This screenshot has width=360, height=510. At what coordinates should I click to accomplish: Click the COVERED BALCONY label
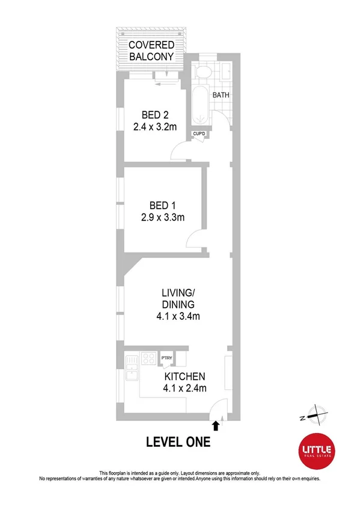(x=152, y=51)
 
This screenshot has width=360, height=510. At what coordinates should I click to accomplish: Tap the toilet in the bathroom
(x=203, y=74)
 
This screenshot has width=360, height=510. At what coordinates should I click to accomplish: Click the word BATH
(x=221, y=95)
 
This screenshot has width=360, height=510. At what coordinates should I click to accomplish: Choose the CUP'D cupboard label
(x=200, y=134)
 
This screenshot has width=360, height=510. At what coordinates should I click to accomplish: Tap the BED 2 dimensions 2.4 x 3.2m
(x=155, y=127)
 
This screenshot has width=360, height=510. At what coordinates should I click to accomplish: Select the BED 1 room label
(x=158, y=204)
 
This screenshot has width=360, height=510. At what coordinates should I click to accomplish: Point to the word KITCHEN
(x=186, y=376)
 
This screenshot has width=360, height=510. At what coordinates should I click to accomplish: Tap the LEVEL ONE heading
(x=178, y=443)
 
